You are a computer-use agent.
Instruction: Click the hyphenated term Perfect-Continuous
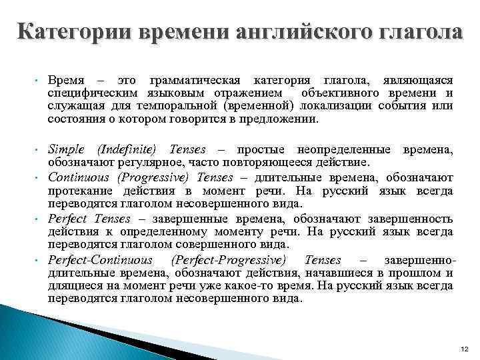pos(101,260)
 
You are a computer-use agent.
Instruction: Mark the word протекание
pos(77,191)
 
